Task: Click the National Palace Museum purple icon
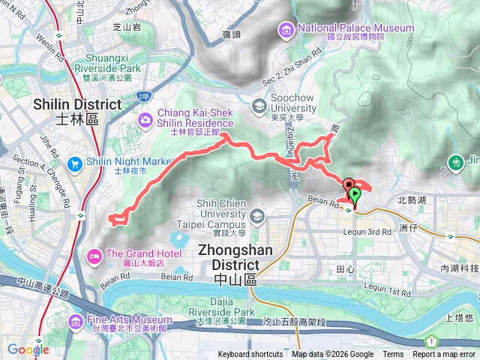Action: (286, 30)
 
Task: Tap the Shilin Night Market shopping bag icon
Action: (75, 163)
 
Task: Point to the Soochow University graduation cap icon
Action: (259, 106)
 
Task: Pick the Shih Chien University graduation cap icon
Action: (258, 217)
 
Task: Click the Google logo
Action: (28, 349)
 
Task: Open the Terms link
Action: (393, 355)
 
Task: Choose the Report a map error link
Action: (445, 355)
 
